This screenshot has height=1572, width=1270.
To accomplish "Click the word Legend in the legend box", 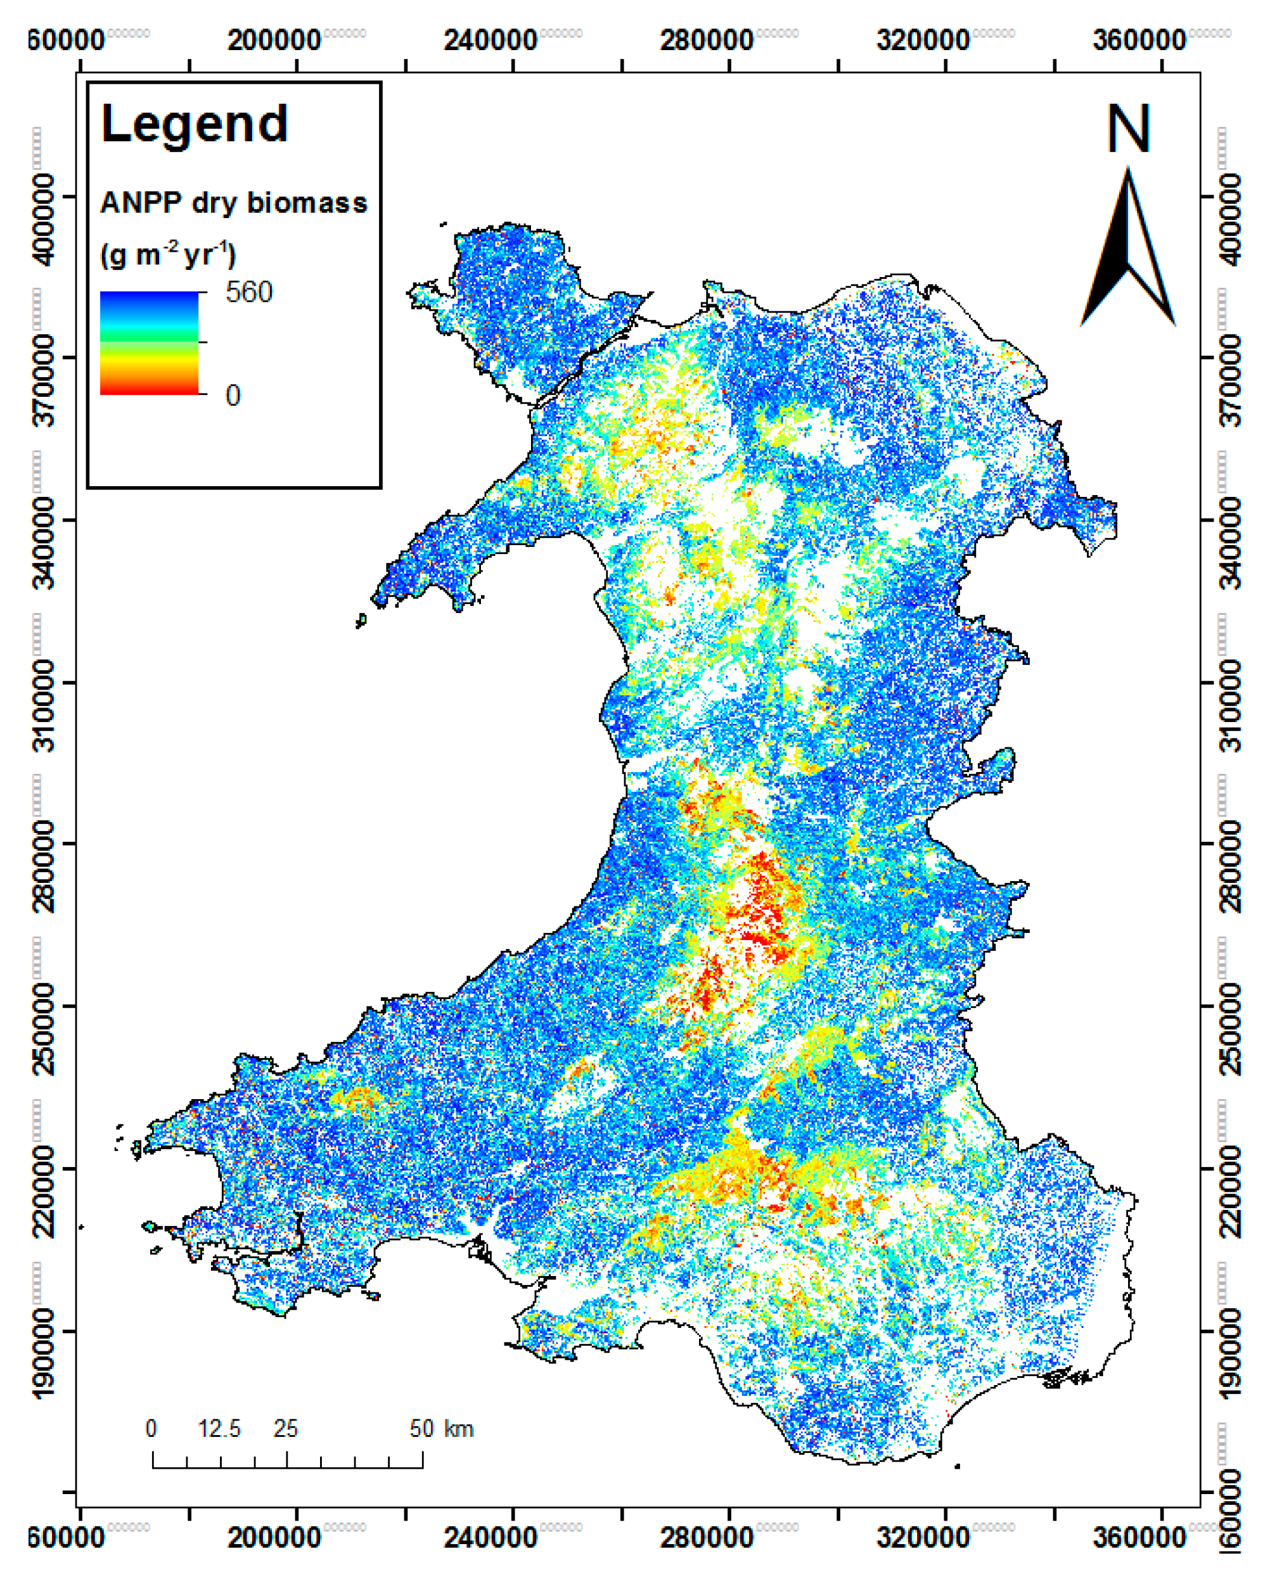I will pyautogui.click(x=195, y=124).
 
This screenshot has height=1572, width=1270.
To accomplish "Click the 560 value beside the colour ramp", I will pyautogui.click(x=248, y=293).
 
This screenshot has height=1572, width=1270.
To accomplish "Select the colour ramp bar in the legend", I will pyautogui.click(x=149, y=343).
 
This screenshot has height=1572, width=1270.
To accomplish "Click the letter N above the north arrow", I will pyautogui.click(x=1128, y=129).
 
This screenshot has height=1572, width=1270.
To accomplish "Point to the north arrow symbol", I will pyautogui.click(x=1128, y=249).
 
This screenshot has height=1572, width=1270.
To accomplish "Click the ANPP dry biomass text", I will pyautogui.click(x=233, y=203).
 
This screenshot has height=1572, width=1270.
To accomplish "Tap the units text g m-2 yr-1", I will pyautogui.click(x=169, y=255).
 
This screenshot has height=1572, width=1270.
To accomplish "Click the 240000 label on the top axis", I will pyautogui.click(x=490, y=41).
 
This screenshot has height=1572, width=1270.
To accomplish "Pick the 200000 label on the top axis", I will pyautogui.click(x=274, y=41).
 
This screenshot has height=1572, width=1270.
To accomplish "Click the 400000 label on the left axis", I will pyautogui.click(x=46, y=219).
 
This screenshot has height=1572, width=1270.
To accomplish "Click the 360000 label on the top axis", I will pyautogui.click(x=1139, y=41).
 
